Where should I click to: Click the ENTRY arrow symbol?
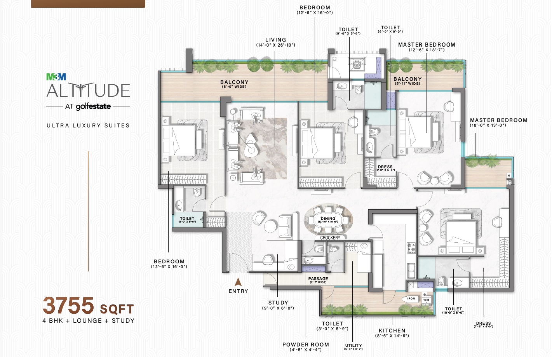[238, 282]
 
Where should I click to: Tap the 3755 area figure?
[68, 306]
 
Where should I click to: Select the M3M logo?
[56, 77]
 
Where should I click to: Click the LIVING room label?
[275, 40]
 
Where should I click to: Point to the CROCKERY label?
[330, 238]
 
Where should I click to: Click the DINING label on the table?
[328, 219]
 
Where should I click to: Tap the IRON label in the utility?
[411, 299]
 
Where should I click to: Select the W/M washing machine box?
[426, 300]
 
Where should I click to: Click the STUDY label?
[278, 303]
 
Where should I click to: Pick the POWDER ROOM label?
[305, 345]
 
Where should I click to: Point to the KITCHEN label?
[392, 331]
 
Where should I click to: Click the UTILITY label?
[353, 345]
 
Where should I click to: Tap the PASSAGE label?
[318, 278]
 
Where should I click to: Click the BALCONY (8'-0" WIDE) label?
[234, 82]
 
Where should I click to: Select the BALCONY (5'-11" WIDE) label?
[407, 79]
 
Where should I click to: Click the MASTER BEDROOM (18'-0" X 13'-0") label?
[499, 120]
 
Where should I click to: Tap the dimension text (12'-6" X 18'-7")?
[427, 50]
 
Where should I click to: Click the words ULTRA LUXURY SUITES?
[88, 125]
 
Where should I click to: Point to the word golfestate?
[93, 106]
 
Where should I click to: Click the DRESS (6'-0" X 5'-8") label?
[385, 167]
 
